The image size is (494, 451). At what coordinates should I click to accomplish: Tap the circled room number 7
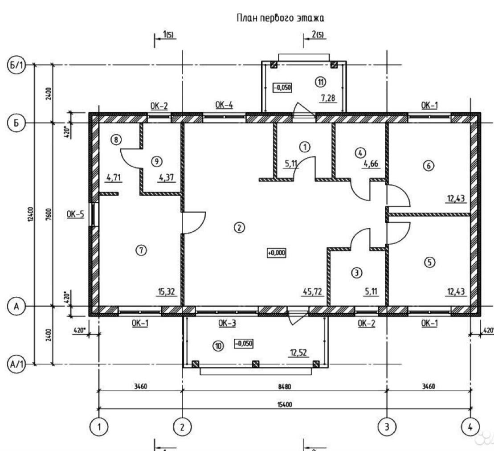[x=141, y=250]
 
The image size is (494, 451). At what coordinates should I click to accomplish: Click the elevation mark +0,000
[x=276, y=253]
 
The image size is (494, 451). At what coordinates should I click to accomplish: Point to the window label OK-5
[x=75, y=214]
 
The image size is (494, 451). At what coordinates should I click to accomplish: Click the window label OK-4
[x=224, y=105]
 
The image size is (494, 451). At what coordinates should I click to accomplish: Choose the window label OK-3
[x=227, y=323]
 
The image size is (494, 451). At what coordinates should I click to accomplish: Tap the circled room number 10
[x=218, y=345]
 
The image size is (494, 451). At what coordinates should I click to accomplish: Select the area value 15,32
[x=166, y=292]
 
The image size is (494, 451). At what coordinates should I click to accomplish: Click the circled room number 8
[x=116, y=140]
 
